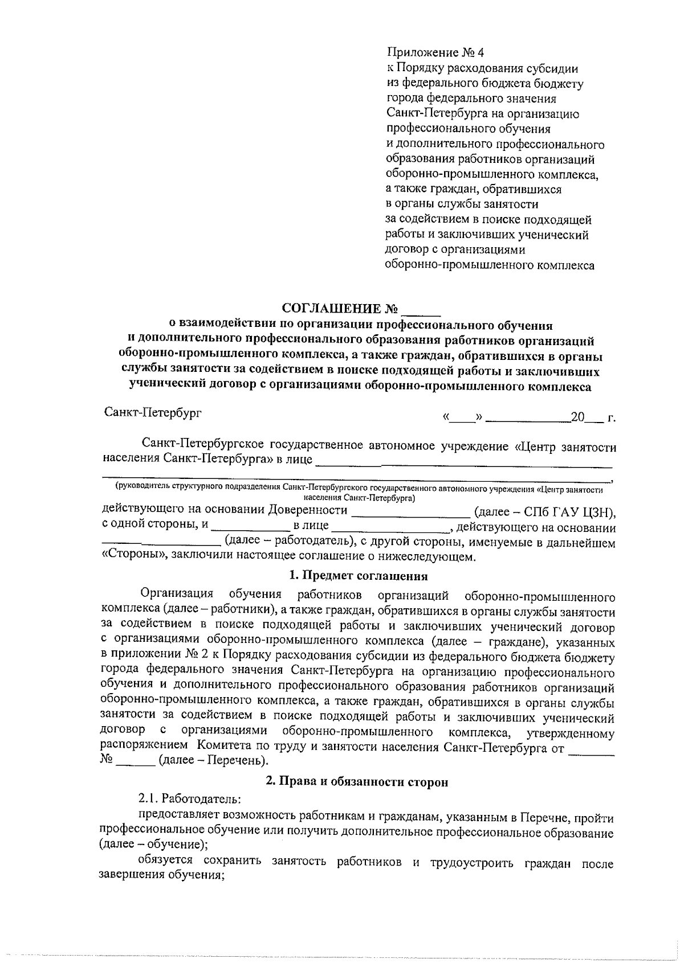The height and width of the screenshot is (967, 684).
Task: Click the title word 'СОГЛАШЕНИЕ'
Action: click(x=332, y=309)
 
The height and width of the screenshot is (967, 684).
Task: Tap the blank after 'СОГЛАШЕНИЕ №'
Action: click(x=421, y=310)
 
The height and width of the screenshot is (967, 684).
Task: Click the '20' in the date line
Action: click(x=577, y=417)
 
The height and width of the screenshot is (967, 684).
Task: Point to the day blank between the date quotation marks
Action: click(x=462, y=419)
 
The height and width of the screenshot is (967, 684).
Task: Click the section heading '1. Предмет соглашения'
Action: click(x=358, y=576)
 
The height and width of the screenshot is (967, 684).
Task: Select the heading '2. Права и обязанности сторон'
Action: click(x=357, y=782)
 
